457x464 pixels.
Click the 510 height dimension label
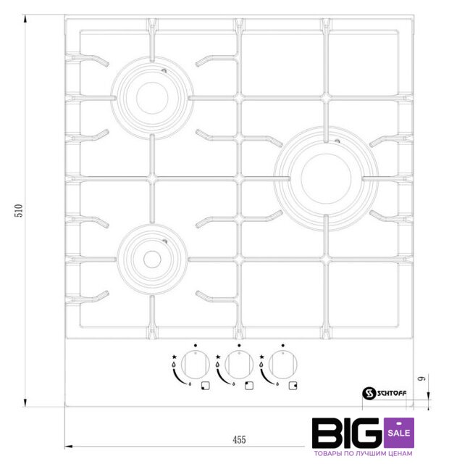tap(19, 210)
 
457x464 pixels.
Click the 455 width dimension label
tap(239, 440)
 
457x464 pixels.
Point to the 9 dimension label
tap(422, 378)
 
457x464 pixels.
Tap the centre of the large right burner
tap(326, 178)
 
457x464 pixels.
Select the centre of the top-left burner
tap(152, 98)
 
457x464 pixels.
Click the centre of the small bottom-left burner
tap(152, 260)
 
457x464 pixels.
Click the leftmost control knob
tap(196, 365)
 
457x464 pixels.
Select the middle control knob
tap(239, 365)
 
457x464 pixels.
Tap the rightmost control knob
tap(283, 365)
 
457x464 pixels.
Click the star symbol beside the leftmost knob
tap(174, 357)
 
